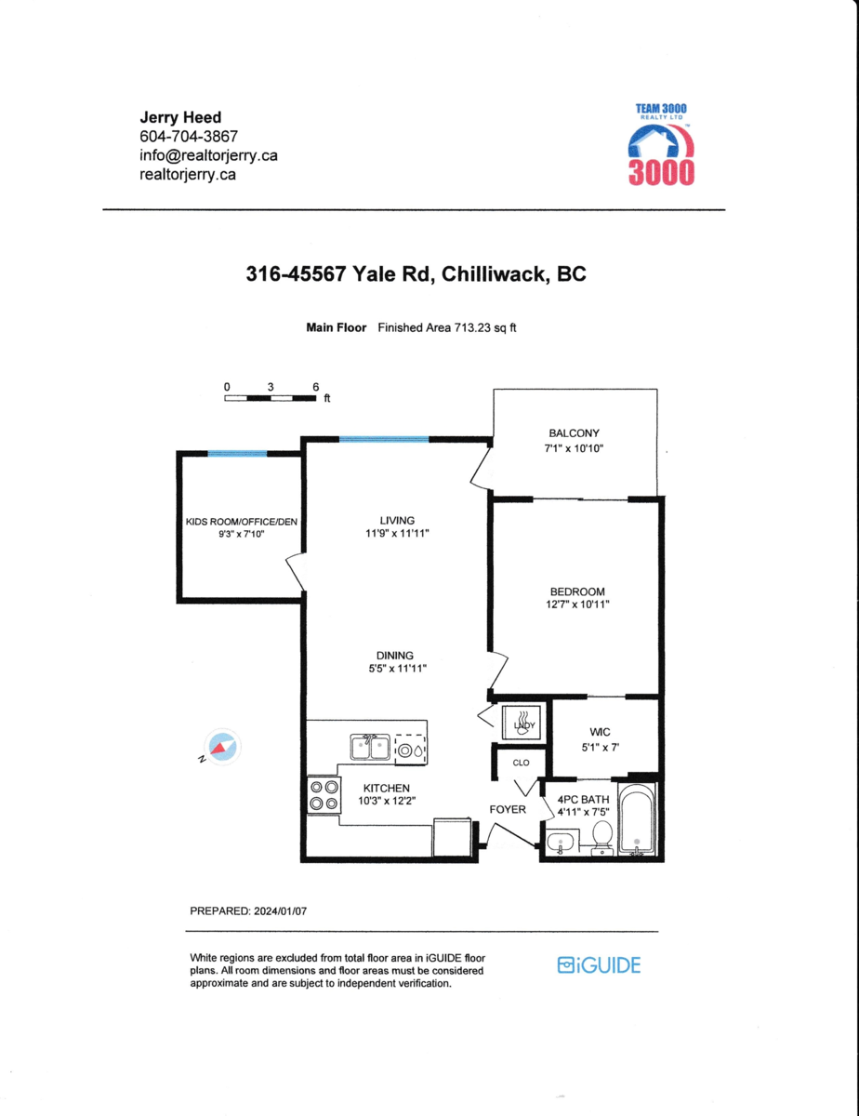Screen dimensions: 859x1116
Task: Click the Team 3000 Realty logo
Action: tap(661, 144)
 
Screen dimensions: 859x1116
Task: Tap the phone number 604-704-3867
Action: tap(189, 137)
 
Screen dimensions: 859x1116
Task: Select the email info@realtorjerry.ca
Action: tap(208, 155)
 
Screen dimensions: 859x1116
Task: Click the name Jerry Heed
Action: tap(180, 117)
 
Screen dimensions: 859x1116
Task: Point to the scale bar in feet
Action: tap(271, 397)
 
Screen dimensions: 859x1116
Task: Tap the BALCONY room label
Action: tap(574, 433)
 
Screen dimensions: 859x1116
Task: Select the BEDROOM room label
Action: tap(577, 591)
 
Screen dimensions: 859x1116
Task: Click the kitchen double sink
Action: tap(370, 747)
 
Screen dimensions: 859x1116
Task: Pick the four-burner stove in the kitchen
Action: tap(324, 794)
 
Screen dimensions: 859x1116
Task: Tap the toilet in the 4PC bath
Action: tap(602, 837)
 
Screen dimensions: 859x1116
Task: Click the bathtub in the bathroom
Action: tap(637, 818)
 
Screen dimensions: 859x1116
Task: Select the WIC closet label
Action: tap(600, 732)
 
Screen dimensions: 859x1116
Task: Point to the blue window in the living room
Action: tap(384, 439)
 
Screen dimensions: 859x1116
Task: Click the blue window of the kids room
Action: tap(237, 454)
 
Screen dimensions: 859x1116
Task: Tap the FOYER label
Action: tap(508, 809)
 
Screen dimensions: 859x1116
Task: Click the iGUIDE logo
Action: tap(599, 965)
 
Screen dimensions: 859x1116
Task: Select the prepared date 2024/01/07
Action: tap(280, 911)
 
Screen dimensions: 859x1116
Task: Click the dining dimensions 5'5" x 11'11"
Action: tap(398, 668)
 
